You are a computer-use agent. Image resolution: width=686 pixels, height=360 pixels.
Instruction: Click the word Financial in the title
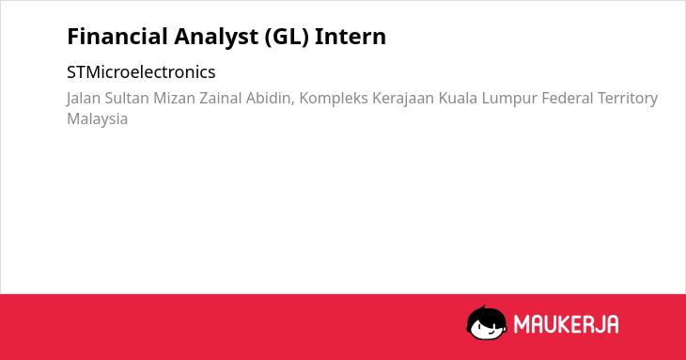point(117,37)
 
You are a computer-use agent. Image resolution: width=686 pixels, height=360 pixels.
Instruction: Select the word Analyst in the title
point(216,38)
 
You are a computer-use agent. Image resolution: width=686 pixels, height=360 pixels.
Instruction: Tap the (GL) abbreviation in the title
point(287,38)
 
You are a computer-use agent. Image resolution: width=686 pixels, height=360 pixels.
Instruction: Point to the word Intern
point(351,37)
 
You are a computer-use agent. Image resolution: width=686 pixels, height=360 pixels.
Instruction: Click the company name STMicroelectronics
point(141,72)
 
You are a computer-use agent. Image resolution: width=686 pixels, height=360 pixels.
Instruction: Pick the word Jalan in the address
point(84,99)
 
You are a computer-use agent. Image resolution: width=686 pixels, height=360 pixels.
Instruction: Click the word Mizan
point(174,98)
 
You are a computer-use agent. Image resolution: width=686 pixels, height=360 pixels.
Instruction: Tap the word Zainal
point(221,98)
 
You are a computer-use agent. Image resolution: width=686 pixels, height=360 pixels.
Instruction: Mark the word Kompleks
point(334,99)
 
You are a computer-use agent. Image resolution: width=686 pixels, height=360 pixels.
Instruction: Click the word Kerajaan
point(403,99)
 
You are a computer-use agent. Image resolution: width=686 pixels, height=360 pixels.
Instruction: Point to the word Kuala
point(458,98)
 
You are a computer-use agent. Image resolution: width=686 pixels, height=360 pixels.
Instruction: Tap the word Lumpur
point(509,99)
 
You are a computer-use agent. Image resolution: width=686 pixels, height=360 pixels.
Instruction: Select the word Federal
point(567,98)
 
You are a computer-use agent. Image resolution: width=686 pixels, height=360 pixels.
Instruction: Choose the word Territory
point(628,99)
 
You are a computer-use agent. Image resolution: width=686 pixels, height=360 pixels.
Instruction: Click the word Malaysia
point(97,119)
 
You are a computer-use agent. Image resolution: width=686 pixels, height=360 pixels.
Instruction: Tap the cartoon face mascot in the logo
point(487,322)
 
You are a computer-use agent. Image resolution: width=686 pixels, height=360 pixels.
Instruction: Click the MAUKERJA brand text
point(566,324)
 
